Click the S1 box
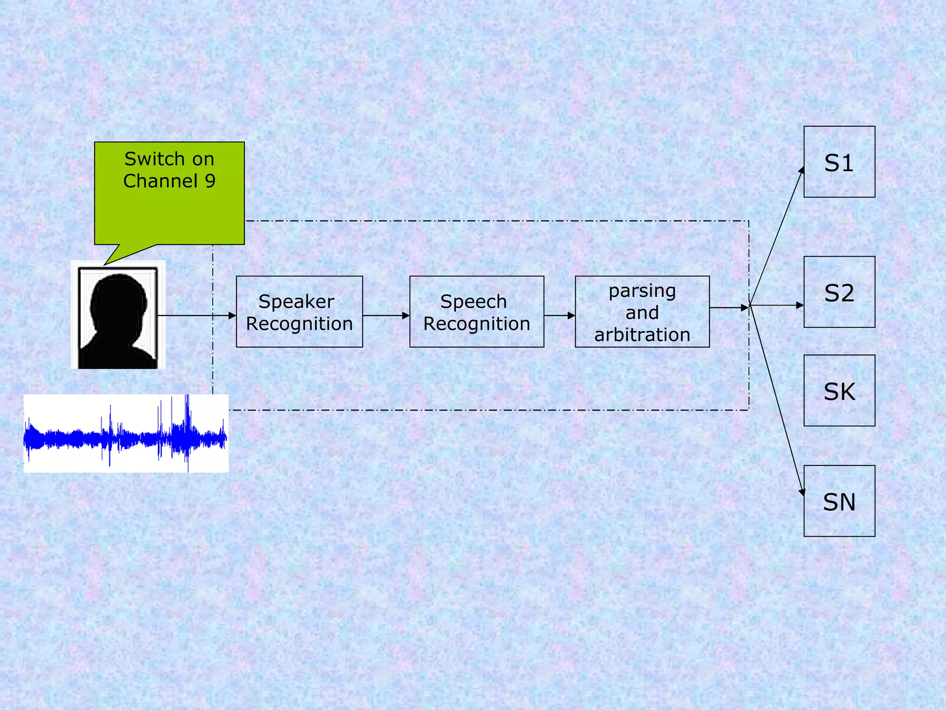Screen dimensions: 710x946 pos(839,162)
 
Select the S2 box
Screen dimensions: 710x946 pos(839,292)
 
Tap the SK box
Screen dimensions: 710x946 pos(839,391)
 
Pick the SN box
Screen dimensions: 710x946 pos(839,501)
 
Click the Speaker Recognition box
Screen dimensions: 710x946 pos(299,312)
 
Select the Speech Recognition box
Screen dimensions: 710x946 pos(476,312)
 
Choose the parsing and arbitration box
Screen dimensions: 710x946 pos(642,312)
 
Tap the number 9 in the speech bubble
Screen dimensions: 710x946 pos(210,181)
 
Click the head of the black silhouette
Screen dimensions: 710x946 pos(119,298)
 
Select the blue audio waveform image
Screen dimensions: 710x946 pos(126,434)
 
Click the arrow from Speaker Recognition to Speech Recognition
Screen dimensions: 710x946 pos(386,316)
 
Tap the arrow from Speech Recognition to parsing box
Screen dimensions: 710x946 pos(559,316)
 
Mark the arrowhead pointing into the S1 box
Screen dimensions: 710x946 pos(802,171)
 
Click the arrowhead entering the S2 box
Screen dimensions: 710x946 pos(800,306)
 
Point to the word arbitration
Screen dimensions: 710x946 pos(642,335)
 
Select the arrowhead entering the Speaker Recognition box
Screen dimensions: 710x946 pos(232,316)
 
